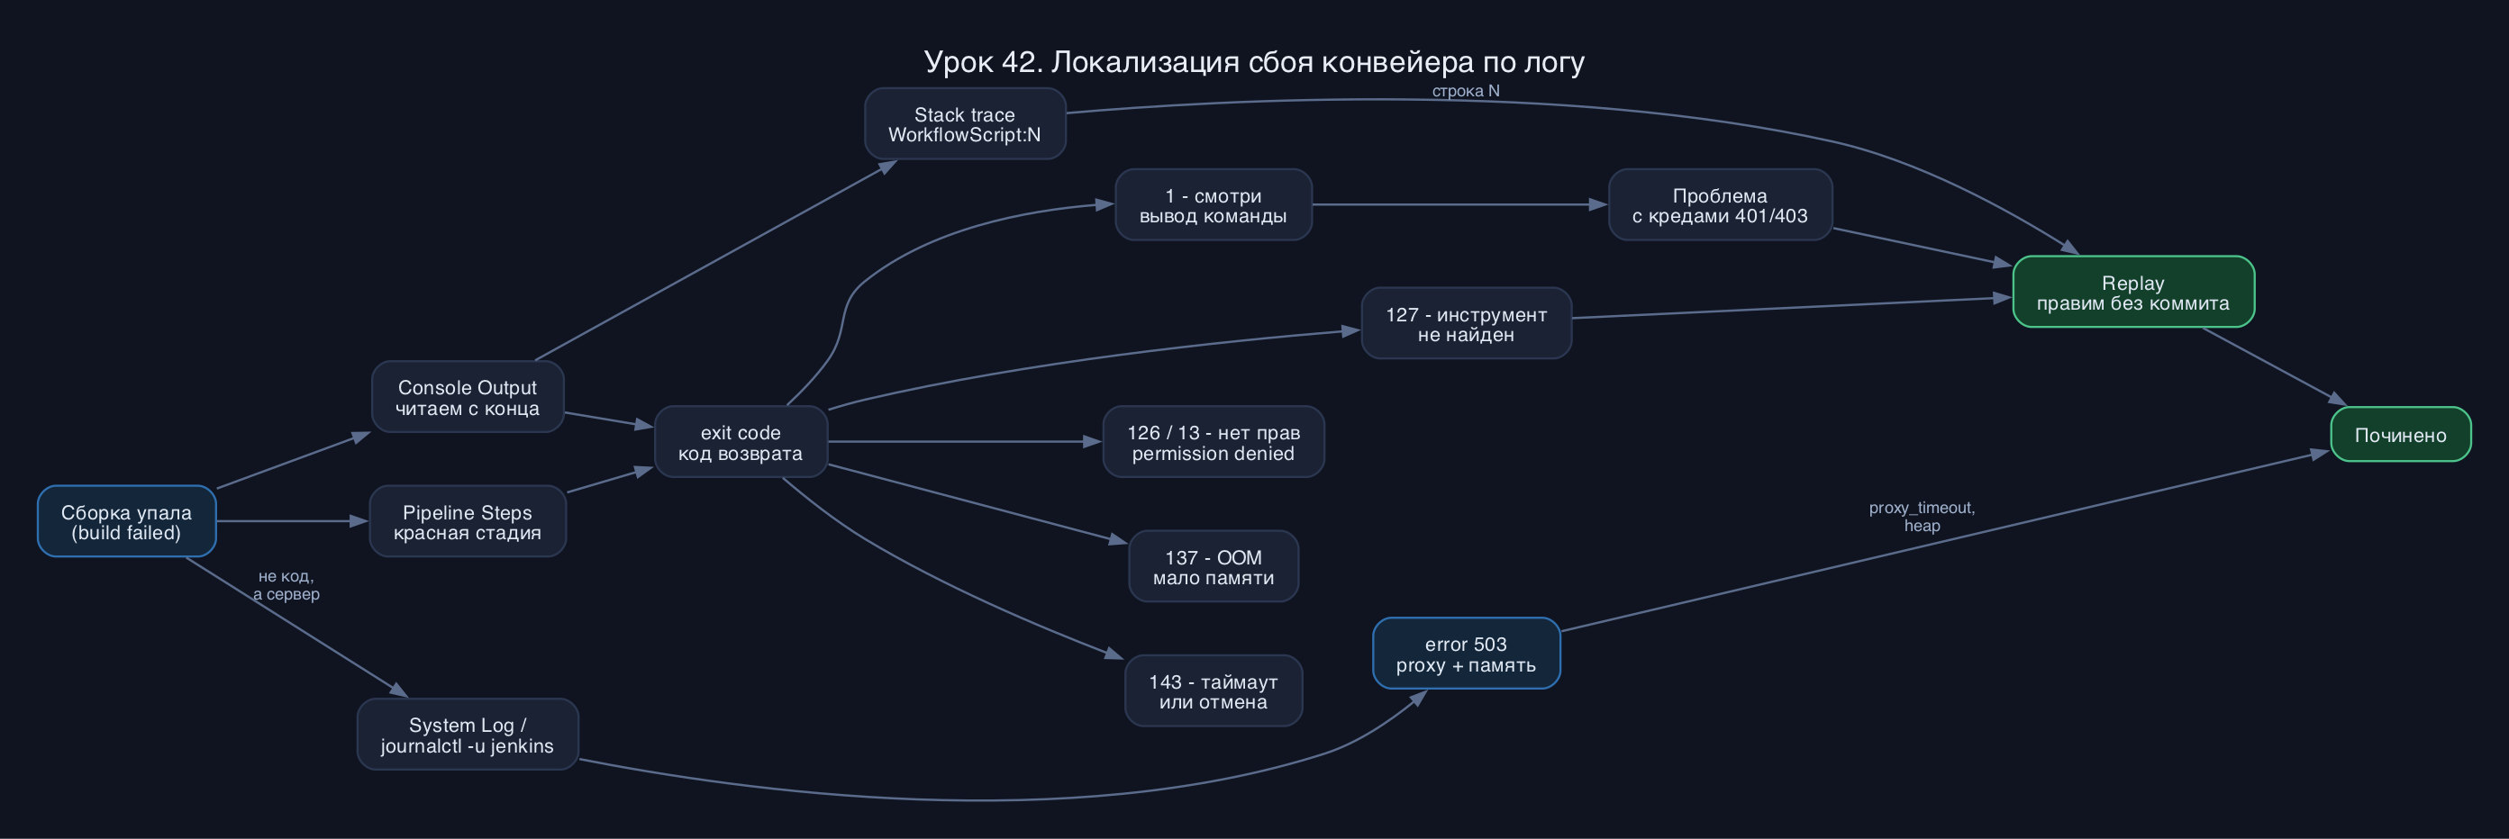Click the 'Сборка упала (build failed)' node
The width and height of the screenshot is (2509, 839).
(127, 522)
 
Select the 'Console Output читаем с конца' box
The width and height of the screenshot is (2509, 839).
(468, 397)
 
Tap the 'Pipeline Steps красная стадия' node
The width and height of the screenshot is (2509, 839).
(468, 522)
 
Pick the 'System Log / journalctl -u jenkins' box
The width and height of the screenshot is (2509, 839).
(468, 735)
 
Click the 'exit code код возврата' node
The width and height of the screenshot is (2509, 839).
(741, 442)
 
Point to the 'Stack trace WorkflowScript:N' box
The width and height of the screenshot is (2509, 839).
(965, 123)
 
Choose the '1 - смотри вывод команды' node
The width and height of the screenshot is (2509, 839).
(1214, 204)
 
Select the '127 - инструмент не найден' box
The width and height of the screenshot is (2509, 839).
(1467, 323)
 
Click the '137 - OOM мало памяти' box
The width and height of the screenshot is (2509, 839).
(1214, 566)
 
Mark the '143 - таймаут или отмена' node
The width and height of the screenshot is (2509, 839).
(1214, 691)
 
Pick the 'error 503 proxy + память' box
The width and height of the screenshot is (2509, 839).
(1467, 653)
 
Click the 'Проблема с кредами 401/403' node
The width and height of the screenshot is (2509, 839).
(1720, 204)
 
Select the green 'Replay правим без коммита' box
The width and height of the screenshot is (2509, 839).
(2134, 292)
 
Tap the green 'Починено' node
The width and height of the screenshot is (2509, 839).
(2401, 434)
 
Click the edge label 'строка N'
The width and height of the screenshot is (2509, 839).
(1466, 91)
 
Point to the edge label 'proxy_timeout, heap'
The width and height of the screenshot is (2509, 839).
(1922, 517)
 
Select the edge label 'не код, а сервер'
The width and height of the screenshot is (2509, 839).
(286, 585)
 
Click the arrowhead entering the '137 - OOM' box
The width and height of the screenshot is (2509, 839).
(1119, 539)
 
